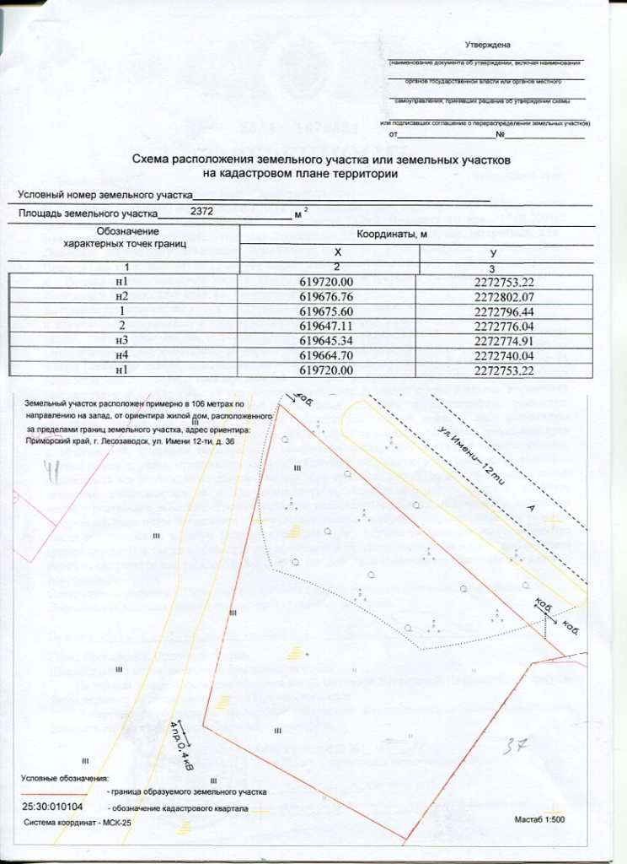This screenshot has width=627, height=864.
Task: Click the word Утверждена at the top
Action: (x=488, y=44)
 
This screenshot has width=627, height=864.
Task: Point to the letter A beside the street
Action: (x=530, y=507)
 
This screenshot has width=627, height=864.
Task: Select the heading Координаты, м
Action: (x=394, y=234)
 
